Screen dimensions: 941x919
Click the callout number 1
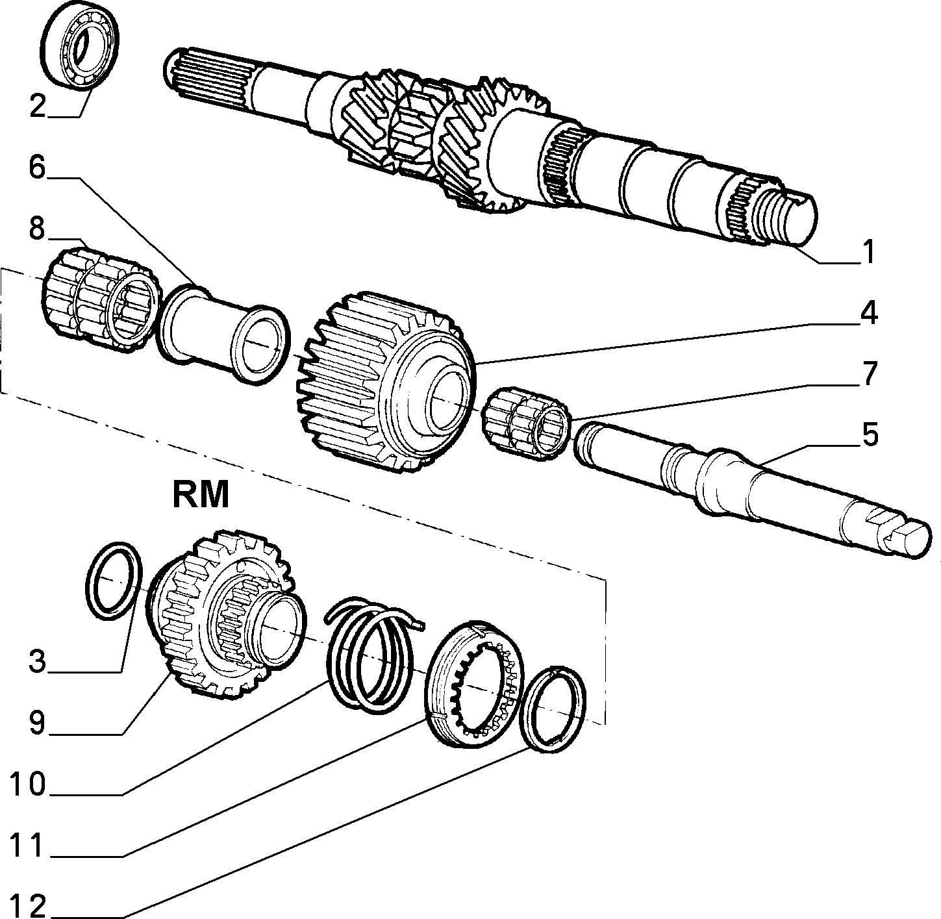pyautogui.click(x=868, y=251)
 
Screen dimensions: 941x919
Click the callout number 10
pyautogui.click(x=28, y=784)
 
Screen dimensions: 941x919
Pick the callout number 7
pyautogui.click(x=869, y=373)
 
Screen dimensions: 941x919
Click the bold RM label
pyautogui.click(x=201, y=495)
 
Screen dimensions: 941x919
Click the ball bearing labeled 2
pyautogui.click(x=79, y=52)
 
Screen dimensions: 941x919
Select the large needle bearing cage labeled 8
pyautogui.click(x=101, y=299)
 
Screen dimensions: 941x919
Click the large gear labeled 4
pyautogui.click(x=386, y=382)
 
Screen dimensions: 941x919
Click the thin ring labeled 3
pyautogui.click(x=114, y=581)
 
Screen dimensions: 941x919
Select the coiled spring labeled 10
pyautogui.click(x=370, y=655)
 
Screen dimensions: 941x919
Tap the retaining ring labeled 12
pyautogui.click(x=552, y=709)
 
